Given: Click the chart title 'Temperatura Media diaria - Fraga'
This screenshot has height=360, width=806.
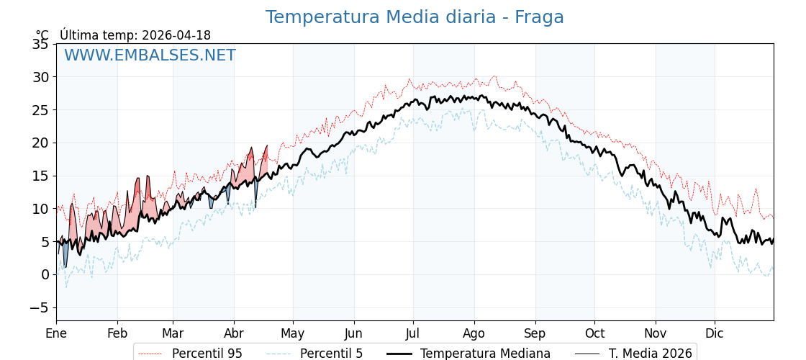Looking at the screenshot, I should (415, 17).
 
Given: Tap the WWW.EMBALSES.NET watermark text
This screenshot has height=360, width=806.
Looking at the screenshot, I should (150, 55).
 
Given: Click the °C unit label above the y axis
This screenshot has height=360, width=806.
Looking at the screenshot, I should (42, 35).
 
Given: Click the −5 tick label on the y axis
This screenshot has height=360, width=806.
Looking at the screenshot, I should (39, 307).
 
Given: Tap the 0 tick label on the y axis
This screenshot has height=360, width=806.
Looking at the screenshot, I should (45, 274).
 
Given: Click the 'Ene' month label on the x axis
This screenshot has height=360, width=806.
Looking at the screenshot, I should (56, 333).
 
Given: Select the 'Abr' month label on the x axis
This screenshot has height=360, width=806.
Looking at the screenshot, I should (234, 333).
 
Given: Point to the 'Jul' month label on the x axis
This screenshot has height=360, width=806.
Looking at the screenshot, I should (413, 333).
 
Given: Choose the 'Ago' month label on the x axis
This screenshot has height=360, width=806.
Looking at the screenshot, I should (474, 333).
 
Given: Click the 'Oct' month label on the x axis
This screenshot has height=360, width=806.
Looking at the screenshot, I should (594, 333).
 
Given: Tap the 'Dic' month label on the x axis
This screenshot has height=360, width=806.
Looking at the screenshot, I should (715, 333).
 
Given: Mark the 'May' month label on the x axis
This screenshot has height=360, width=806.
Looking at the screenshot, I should (293, 333).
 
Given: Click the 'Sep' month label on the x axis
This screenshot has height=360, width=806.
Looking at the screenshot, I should (535, 333).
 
